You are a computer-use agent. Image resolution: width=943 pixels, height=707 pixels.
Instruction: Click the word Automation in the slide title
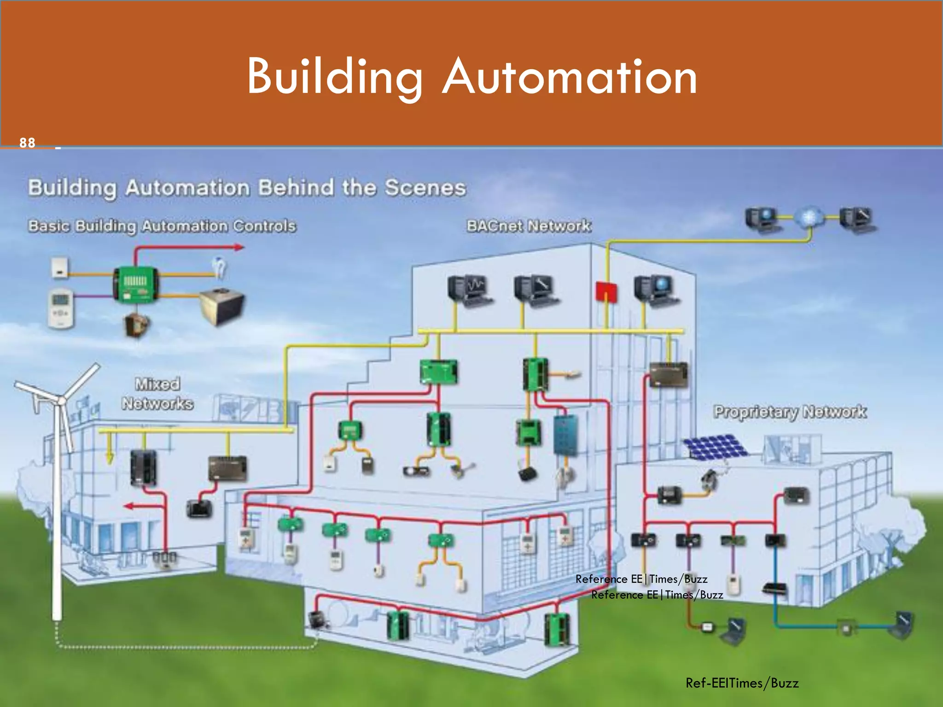(570, 76)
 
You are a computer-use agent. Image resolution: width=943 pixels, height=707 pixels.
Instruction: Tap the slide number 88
(27, 143)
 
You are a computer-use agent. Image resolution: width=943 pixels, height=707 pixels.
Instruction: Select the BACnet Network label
(529, 226)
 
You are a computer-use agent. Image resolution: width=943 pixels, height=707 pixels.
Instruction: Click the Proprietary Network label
(790, 411)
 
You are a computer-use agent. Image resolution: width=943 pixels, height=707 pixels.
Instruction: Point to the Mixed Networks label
(157, 394)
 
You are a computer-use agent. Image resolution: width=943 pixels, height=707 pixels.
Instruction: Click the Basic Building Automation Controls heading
(162, 226)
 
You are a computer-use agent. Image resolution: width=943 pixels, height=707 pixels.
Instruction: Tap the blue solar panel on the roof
(714, 446)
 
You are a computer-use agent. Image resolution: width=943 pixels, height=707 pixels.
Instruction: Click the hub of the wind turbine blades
(61, 400)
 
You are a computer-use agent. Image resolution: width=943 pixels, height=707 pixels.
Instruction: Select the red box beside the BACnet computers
(606, 292)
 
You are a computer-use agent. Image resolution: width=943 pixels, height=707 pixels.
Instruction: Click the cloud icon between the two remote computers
(809, 218)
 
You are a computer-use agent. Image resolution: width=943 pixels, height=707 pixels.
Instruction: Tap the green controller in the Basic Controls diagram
(136, 284)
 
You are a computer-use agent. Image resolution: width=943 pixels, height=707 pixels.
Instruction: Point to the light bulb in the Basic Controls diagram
(220, 267)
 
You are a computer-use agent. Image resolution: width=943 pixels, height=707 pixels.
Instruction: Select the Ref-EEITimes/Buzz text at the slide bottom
(742, 683)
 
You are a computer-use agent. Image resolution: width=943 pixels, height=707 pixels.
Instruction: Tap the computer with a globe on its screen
(655, 290)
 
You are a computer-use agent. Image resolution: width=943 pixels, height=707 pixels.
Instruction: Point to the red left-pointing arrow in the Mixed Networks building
(128, 506)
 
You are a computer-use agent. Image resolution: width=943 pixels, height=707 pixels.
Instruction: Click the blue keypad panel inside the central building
(565, 435)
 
